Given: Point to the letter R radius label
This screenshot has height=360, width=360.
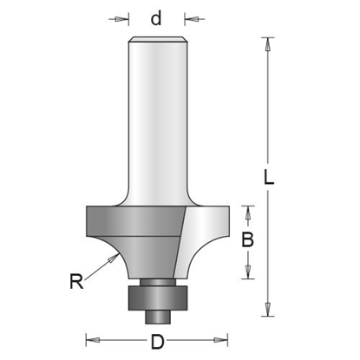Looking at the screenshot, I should tap(77, 280).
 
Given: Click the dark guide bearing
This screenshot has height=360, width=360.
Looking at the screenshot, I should tap(157, 295).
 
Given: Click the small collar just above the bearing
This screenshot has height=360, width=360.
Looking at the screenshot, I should tap(157, 280).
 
